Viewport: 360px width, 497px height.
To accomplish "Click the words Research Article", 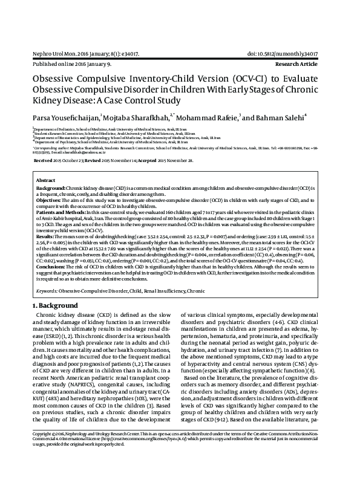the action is [x=309, y=63].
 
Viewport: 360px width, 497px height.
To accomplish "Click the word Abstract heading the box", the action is [x=46, y=181].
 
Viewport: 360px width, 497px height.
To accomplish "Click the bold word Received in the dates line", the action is [x=43, y=161].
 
